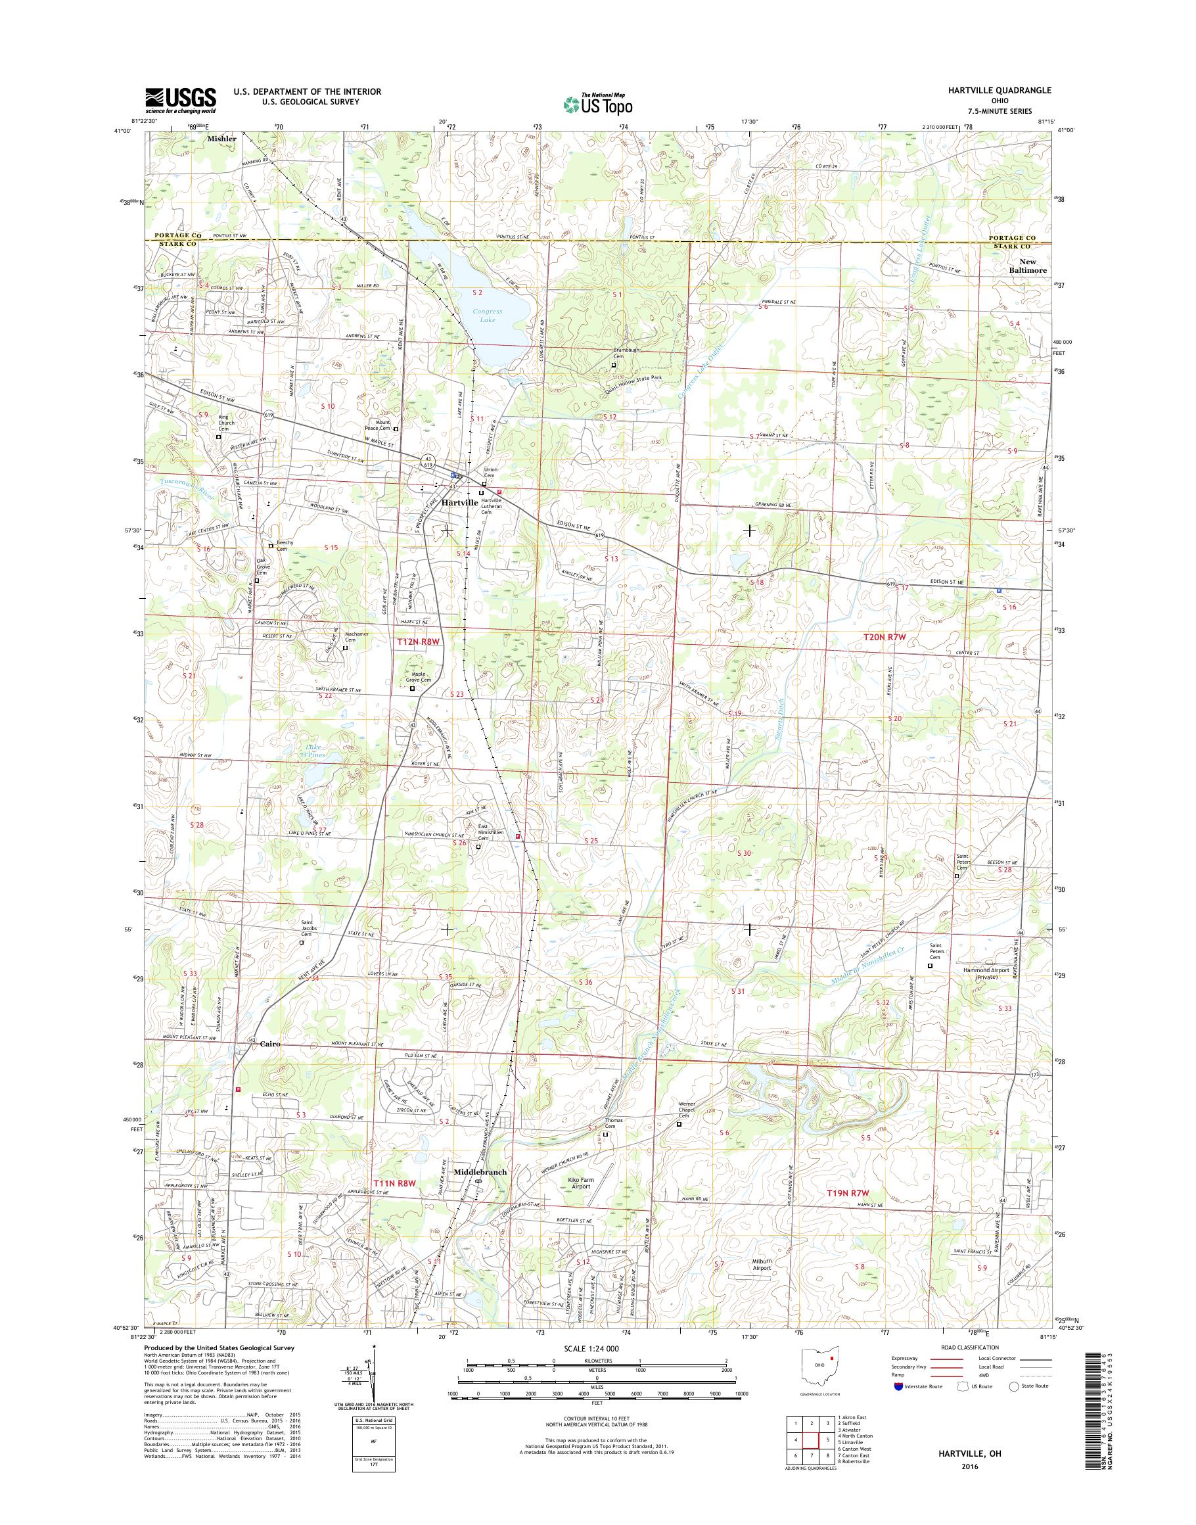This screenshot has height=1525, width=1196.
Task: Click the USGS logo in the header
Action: (x=181, y=101)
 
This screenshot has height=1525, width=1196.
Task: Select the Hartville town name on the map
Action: (x=459, y=503)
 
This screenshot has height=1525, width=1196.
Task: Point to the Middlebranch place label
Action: (x=480, y=1171)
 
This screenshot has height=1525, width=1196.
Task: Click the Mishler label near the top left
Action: (x=222, y=139)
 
